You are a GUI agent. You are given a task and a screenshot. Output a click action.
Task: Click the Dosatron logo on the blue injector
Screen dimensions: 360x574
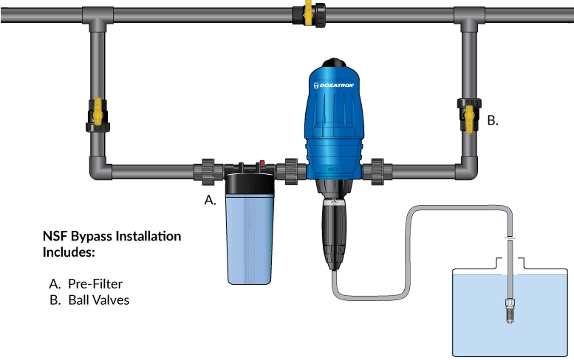[x=334, y=85]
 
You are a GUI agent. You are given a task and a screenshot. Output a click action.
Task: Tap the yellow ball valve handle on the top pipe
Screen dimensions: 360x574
[x=308, y=13]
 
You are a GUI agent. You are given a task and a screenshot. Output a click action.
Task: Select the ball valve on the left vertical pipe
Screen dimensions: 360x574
[x=98, y=115]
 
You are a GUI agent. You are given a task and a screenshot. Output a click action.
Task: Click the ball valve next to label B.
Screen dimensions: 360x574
[x=469, y=115]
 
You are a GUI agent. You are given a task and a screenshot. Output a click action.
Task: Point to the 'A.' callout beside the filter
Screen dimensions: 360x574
[x=210, y=200]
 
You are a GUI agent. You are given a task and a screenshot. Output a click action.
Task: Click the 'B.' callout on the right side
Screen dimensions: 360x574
[x=493, y=120]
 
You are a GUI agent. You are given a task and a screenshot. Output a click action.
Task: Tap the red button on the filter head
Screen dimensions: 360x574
[x=262, y=163]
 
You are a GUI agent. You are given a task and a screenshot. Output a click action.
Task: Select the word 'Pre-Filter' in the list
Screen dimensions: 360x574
[x=95, y=284]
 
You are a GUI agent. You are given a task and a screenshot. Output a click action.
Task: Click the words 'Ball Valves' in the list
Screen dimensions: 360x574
[x=99, y=300]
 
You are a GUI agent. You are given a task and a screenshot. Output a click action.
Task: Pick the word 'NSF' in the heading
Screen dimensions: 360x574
[x=55, y=236]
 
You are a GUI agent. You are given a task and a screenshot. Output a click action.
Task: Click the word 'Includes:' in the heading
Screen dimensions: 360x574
[x=69, y=252]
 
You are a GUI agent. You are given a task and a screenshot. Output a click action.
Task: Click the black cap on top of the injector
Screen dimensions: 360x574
[x=334, y=63]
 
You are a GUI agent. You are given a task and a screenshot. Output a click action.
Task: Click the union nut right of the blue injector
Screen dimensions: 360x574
[x=377, y=172]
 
